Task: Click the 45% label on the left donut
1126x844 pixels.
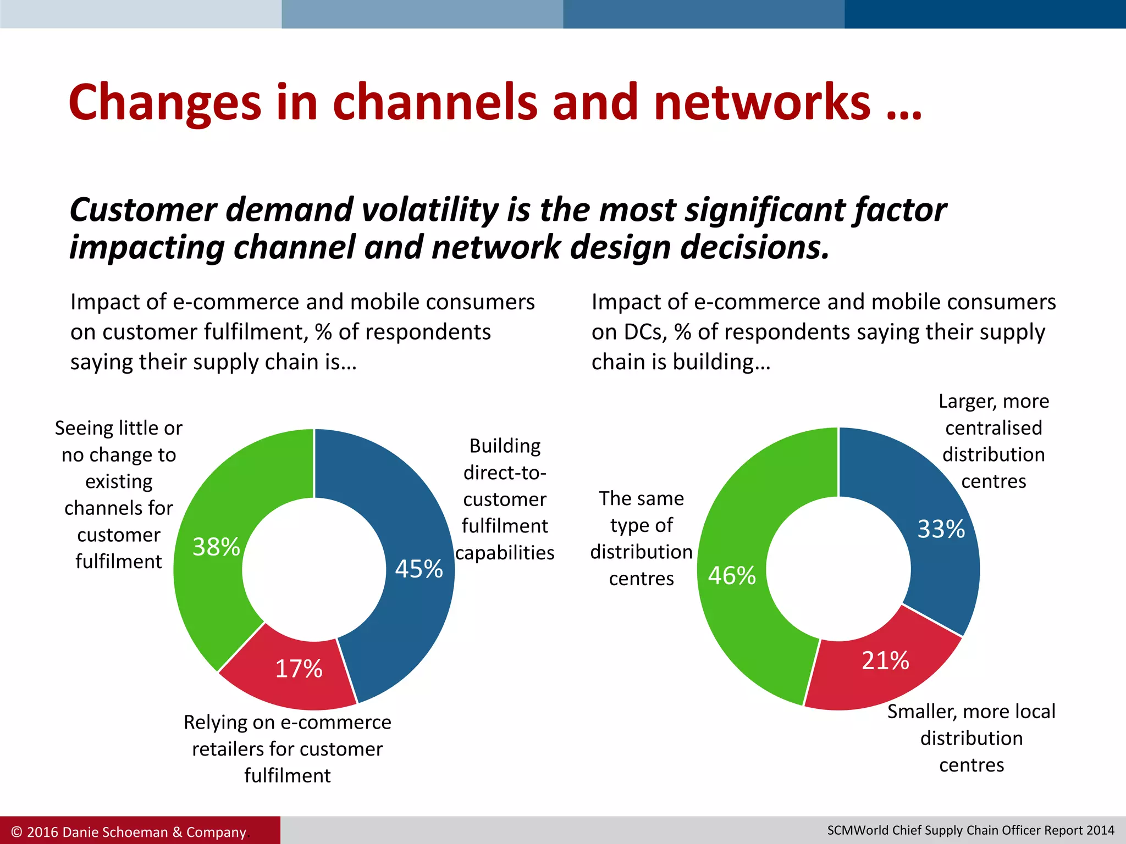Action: [x=419, y=569]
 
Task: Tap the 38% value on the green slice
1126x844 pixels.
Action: [x=216, y=547]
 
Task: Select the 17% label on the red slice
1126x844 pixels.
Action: [x=299, y=669]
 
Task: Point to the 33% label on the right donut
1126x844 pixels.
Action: [x=941, y=529]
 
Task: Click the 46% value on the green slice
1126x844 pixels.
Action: [x=732, y=576]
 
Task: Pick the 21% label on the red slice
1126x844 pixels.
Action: [x=885, y=660]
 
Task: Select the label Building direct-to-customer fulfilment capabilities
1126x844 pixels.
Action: [x=505, y=499]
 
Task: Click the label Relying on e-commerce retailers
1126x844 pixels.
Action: [x=287, y=748]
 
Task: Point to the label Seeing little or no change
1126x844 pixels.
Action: [x=119, y=495]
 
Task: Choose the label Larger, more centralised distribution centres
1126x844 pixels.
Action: [x=993, y=441]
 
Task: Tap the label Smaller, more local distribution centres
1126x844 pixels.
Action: [x=972, y=738]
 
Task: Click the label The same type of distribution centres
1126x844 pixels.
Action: [x=641, y=538]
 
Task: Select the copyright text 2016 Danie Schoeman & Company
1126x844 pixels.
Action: [x=129, y=832]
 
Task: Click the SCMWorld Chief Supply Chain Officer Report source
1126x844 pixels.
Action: [x=970, y=830]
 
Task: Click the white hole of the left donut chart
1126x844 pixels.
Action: [x=314, y=569]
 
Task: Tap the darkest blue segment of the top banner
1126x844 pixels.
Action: [x=985, y=14]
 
